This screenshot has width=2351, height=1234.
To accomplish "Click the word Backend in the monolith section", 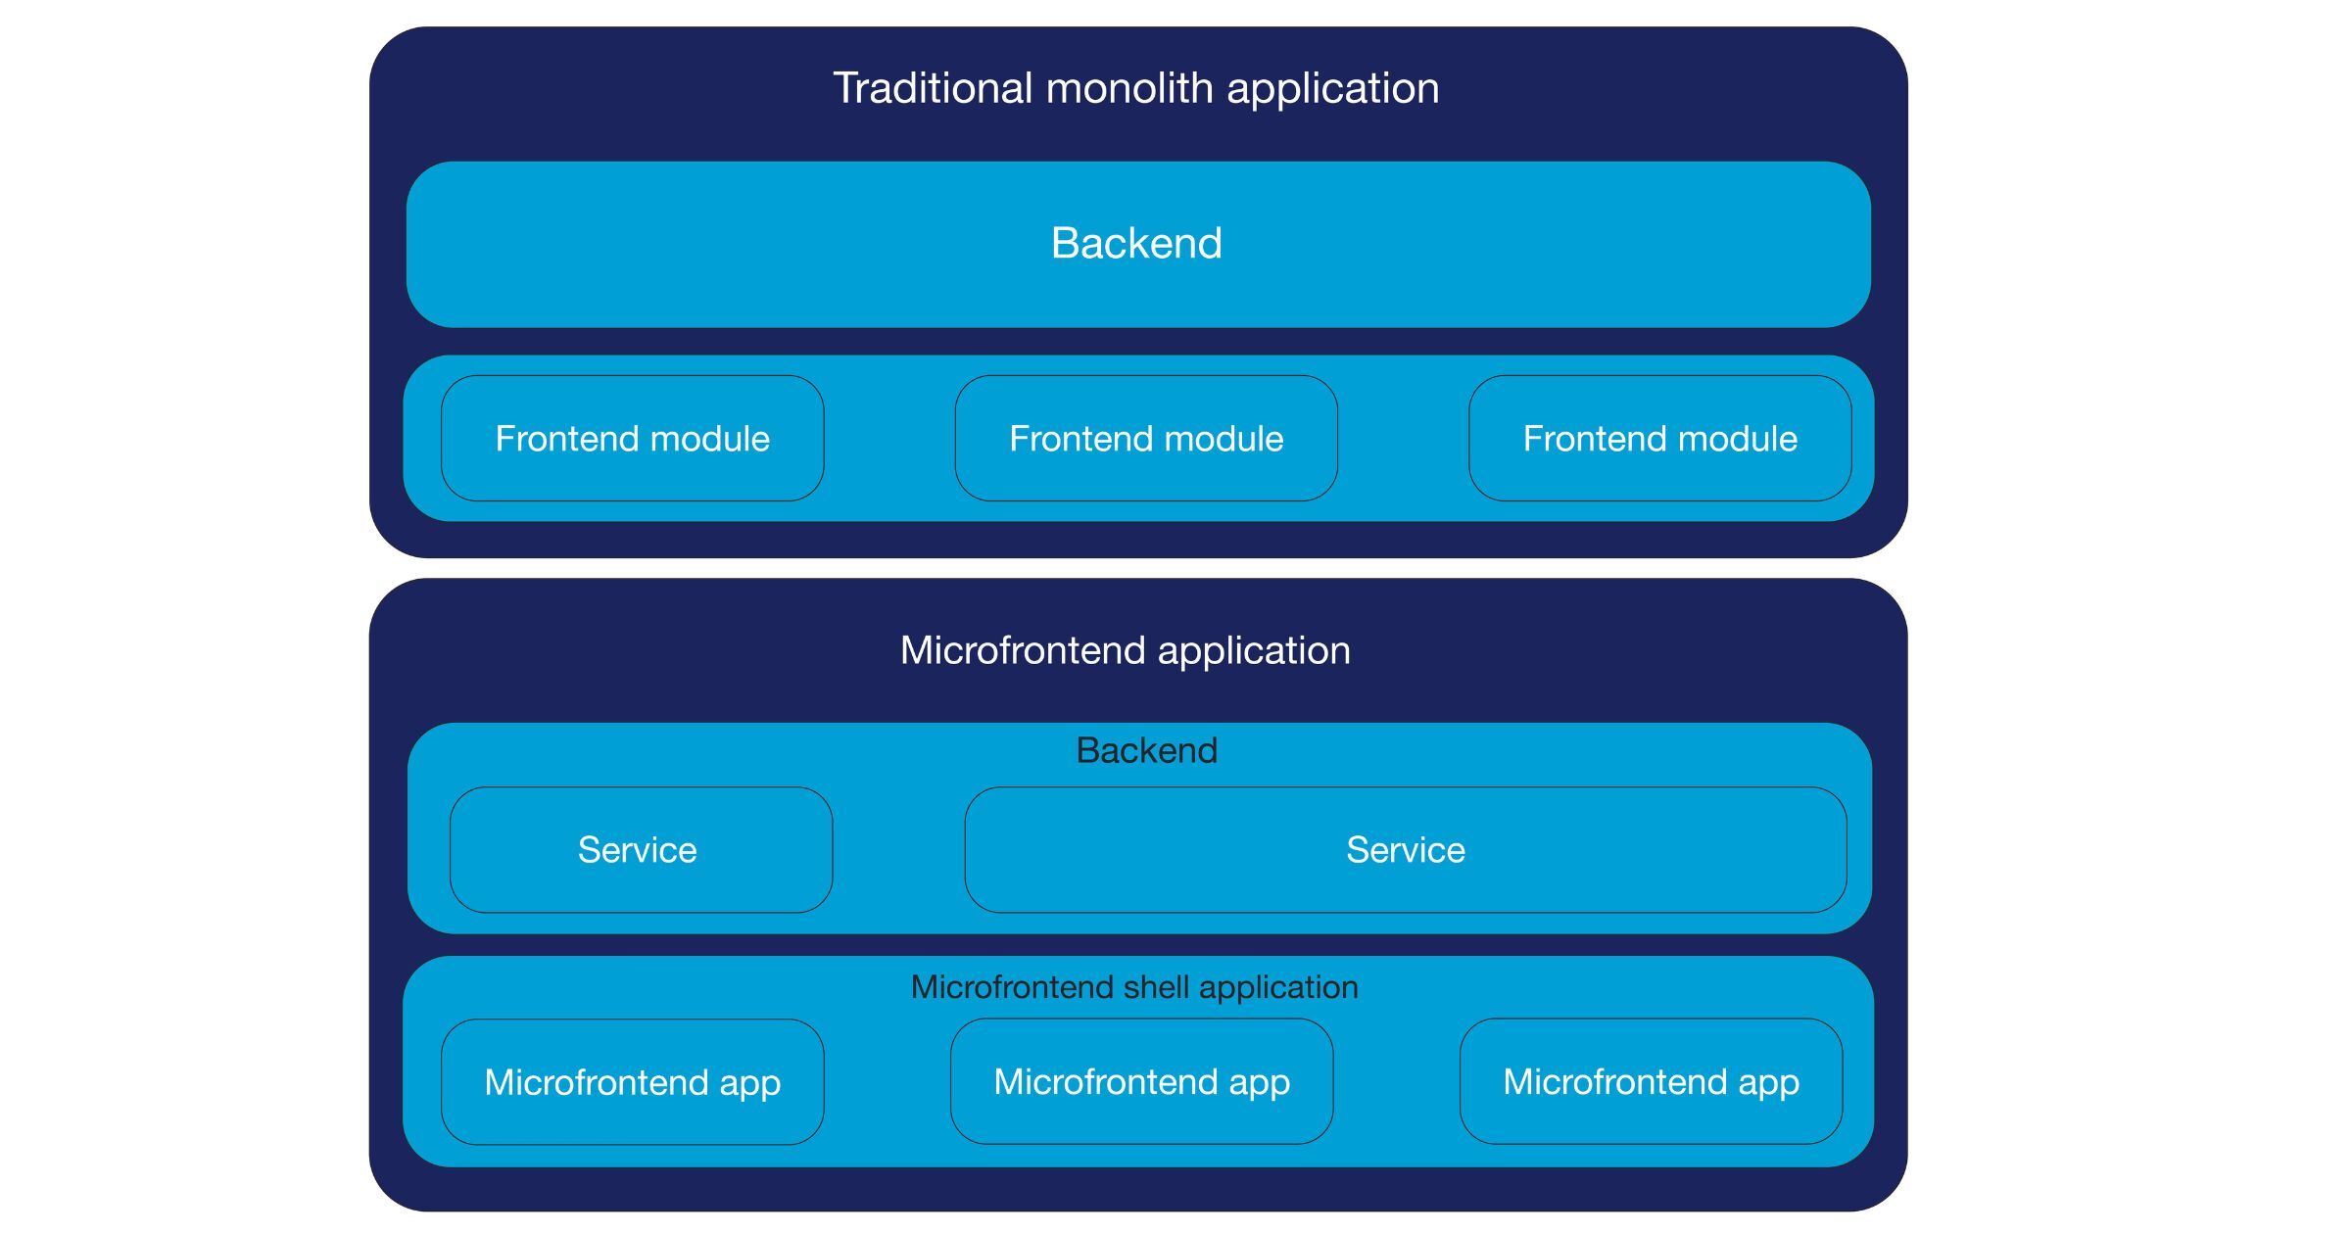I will (x=1136, y=243).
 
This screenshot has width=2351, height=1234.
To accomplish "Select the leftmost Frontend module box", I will (x=632, y=439).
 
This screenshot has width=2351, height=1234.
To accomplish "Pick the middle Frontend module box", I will (x=1146, y=439).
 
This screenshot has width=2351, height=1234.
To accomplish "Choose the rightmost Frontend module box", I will (x=1659, y=439).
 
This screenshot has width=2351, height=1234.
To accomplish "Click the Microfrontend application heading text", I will (x=1125, y=650).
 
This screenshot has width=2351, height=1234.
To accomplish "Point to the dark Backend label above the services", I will (x=1146, y=750).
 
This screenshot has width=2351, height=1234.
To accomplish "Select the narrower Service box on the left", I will (x=641, y=850).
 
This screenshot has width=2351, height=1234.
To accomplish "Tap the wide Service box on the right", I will (x=1405, y=850).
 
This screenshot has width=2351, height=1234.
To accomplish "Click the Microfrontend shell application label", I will (x=1134, y=987).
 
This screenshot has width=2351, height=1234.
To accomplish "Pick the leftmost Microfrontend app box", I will (x=632, y=1082).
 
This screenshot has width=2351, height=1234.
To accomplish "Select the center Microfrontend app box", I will (x=1141, y=1082).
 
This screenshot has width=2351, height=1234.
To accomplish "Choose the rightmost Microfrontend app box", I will (x=1651, y=1082).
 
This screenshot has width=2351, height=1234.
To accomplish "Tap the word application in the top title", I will (x=1332, y=88).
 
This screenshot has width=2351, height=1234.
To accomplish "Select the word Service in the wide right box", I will (x=1405, y=850).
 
